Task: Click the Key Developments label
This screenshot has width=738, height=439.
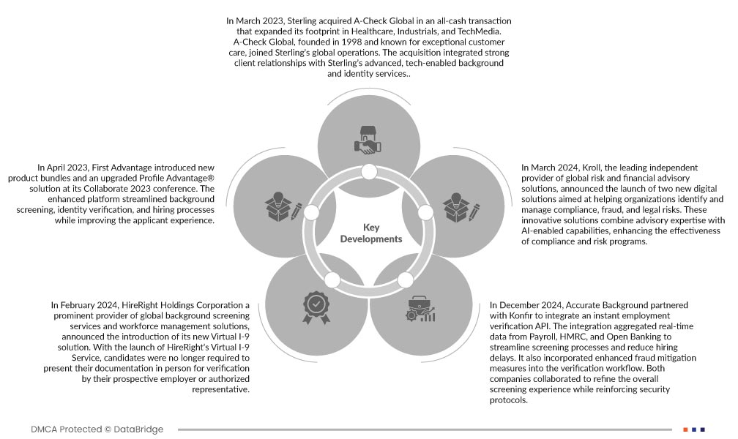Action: click(371, 233)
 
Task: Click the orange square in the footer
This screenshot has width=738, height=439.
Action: click(685, 429)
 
